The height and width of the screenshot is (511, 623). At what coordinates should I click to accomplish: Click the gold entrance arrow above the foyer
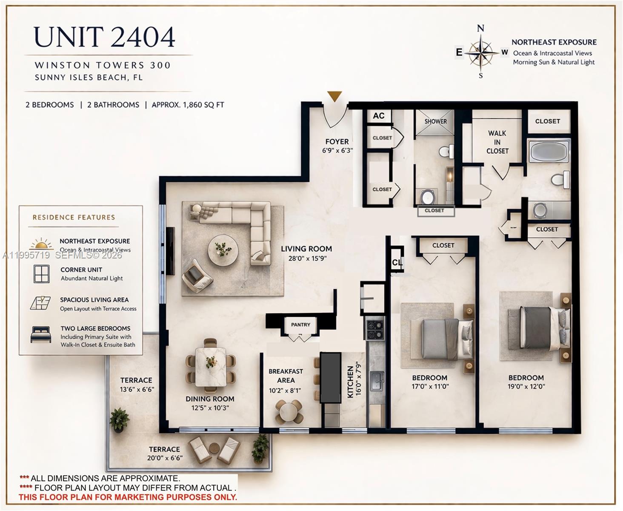coord(335,96)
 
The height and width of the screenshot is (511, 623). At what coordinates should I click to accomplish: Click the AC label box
coord(378,116)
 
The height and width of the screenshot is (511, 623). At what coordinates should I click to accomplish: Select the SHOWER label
coord(435,121)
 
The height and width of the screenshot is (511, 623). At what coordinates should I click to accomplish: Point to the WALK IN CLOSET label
coord(497,142)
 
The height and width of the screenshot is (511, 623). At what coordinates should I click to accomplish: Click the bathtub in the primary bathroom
coord(549,151)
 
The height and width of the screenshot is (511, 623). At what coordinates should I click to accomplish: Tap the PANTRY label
coord(300,324)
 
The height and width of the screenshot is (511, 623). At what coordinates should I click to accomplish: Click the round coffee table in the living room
coord(223,250)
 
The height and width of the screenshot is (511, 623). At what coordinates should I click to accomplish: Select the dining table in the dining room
coord(211,367)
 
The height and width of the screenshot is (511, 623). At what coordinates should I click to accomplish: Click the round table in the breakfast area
coord(289,411)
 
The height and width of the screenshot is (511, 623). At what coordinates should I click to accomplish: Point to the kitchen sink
coord(377,381)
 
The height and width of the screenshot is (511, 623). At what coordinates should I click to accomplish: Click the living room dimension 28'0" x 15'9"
coord(306,258)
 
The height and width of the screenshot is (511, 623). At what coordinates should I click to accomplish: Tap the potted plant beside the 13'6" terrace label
coord(119,420)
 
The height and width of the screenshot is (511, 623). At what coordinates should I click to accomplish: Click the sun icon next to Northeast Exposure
coord(42,244)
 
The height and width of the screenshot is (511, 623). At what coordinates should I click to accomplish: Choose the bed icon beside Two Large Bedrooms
coord(41,334)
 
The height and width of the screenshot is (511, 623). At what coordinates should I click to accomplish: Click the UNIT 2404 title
coord(104,37)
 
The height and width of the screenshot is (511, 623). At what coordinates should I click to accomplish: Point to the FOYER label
coord(337,141)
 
